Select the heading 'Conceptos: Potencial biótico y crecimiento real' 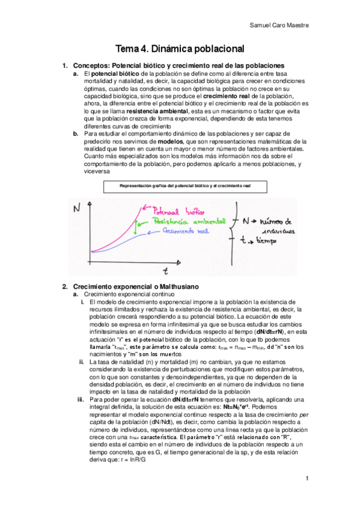[178, 65]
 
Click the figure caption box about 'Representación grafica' [185, 187]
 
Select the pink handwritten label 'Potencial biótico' [180, 212]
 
